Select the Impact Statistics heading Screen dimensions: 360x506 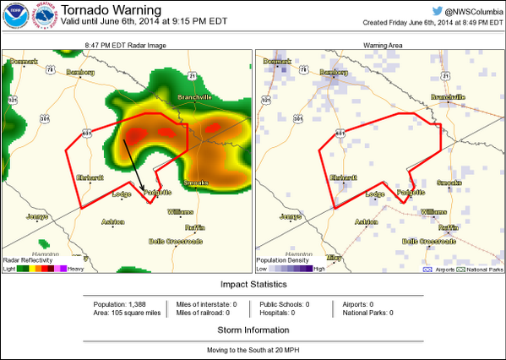(x=253, y=284)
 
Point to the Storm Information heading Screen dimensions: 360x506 (x=253, y=330)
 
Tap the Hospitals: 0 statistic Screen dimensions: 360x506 (x=283, y=313)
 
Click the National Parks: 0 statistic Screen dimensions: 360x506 (x=367, y=313)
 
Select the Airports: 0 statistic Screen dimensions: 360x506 (x=357, y=303)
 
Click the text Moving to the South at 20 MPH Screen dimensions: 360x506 (x=253, y=348)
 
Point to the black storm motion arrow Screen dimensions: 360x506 (x=135, y=164)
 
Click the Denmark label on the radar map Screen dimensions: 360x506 (x=25, y=62)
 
